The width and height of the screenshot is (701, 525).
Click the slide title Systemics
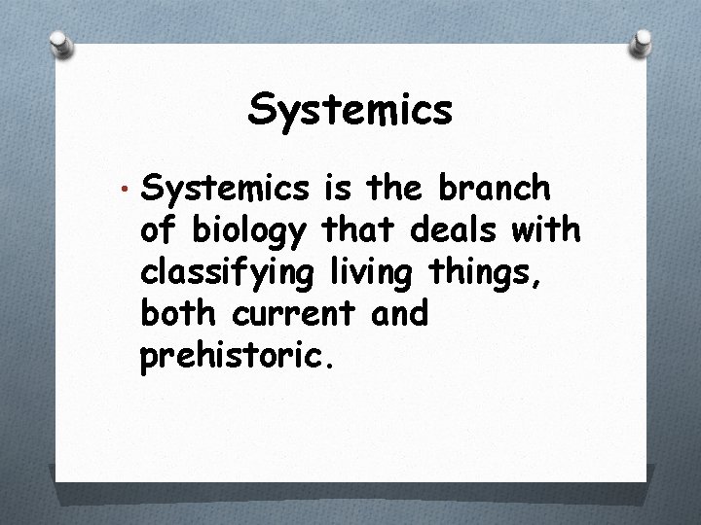tap(350, 110)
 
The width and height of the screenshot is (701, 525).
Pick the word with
tap(547, 230)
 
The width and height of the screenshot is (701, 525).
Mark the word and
tap(397, 315)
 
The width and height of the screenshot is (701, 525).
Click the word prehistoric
tap(239, 358)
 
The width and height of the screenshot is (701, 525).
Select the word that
tap(352, 230)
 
